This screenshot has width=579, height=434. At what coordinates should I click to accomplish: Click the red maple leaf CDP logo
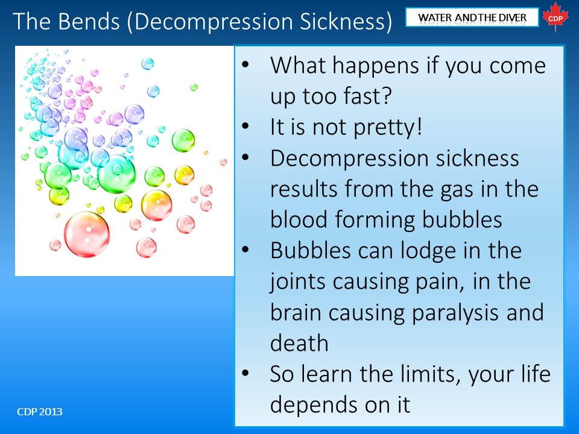555,17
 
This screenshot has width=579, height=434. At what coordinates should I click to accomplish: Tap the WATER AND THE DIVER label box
472,17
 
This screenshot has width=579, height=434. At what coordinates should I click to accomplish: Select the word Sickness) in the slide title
346,22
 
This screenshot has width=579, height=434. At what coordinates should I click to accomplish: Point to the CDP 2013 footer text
40,412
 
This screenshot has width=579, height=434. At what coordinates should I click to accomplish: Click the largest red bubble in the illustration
87,234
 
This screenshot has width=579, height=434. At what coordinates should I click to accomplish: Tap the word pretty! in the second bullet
388,128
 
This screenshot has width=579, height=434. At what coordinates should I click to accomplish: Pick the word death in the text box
299,342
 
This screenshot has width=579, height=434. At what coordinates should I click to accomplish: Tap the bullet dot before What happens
245,64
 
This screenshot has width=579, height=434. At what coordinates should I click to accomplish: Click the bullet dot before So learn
245,373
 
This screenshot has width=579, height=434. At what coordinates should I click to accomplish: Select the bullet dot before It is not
245,126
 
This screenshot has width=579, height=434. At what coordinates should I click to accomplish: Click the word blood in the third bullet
299,219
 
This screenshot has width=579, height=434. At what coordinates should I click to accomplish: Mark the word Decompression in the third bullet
350,159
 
